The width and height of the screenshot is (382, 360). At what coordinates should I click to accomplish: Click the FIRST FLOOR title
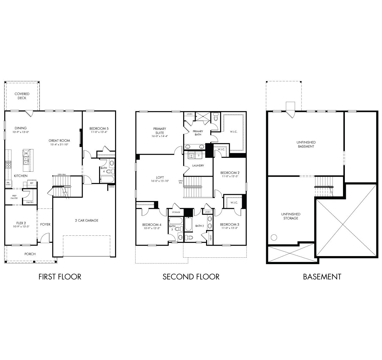tap(60, 276)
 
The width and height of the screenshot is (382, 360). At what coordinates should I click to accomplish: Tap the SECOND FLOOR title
tap(191, 276)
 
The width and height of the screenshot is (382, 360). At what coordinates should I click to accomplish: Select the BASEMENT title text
tap(322, 276)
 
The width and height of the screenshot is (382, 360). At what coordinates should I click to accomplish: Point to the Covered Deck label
tap(22, 96)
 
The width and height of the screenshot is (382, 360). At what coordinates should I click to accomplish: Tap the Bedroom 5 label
tap(99, 129)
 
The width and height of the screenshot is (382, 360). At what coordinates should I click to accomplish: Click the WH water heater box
tap(112, 186)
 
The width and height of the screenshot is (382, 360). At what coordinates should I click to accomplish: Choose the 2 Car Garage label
tap(86, 221)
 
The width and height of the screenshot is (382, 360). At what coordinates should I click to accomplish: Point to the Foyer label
tap(45, 225)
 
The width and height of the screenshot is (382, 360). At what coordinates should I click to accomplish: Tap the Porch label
tap(30, 254)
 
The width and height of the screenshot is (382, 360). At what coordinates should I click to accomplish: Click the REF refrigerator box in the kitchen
tap(32, 183)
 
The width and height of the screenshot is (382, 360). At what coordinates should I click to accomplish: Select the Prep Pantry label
tap(15, 197)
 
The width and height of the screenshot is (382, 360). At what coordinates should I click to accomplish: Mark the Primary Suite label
tap(159, 131)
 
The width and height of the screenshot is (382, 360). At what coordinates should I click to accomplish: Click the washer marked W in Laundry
tap(191, 155)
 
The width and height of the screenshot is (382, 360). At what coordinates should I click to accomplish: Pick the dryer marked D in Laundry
tap(199, 155)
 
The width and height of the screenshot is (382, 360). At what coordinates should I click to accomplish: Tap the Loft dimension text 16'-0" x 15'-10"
tap(160, 181)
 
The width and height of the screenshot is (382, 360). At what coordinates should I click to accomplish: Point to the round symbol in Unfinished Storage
tap(274, 238)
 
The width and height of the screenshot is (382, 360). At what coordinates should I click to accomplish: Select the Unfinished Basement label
tap(306, 144)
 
